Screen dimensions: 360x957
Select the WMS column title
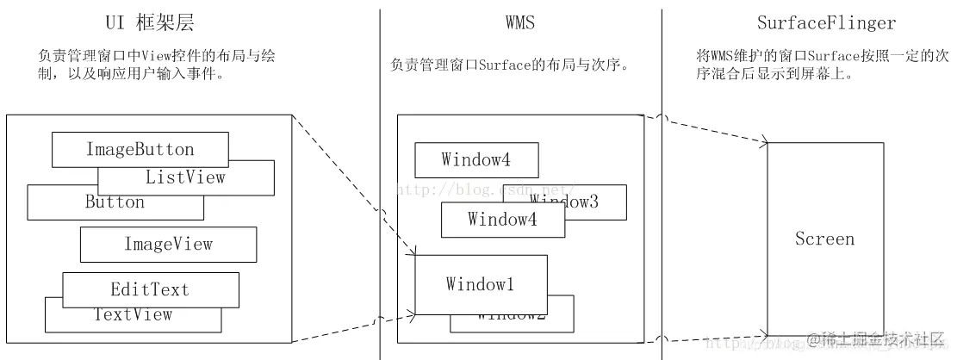[519, 22]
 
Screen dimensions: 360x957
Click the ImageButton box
[140, 150]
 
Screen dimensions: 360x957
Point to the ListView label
[185, 177]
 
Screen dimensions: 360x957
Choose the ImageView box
[168, 245]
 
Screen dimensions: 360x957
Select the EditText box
[149, 289]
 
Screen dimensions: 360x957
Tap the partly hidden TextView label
[133, 315]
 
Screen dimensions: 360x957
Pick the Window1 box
[480, 283]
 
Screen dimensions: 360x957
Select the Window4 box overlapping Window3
[502, 219]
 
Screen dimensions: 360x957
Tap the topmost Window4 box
[476, 159]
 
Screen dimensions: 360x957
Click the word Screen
[824, 239]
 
